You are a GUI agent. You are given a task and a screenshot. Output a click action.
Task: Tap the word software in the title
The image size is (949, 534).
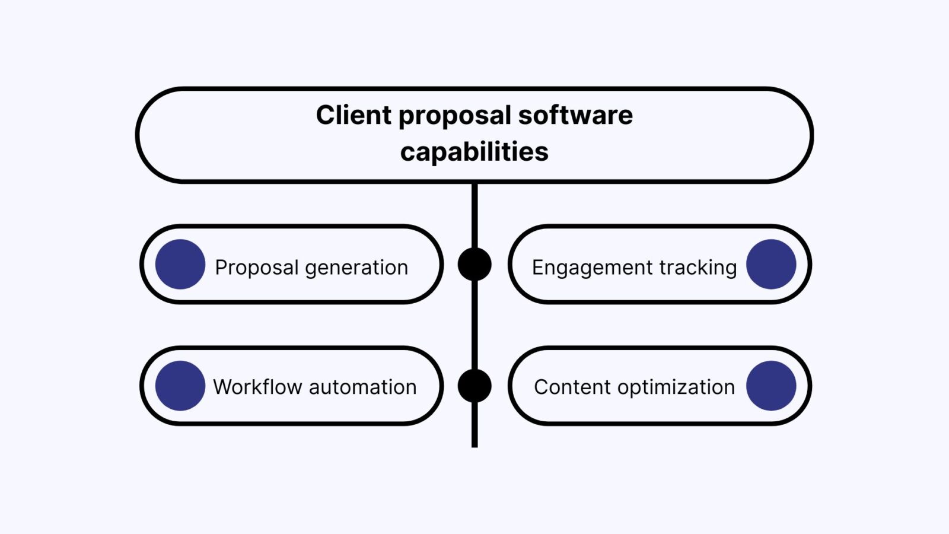click(575, 115)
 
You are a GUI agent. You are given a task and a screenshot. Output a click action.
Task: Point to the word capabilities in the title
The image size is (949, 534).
click(474, 152)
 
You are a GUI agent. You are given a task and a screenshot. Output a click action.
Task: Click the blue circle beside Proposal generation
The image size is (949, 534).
click(180, 264)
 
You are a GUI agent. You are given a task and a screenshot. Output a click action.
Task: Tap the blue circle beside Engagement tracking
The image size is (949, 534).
click(771, 264)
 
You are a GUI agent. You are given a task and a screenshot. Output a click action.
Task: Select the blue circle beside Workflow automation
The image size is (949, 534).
click(180, 386)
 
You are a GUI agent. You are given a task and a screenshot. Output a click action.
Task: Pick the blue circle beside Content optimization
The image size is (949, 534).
click(771, 386)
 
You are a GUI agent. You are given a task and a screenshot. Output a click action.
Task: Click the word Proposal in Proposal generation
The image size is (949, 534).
click(256, 268)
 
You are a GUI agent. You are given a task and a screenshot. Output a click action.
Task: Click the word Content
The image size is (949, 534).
click(572, 387)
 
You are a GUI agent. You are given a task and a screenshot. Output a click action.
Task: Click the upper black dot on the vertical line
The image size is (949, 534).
click(474, 264)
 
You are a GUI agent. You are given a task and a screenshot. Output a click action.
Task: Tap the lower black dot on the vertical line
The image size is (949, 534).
click(474, 386)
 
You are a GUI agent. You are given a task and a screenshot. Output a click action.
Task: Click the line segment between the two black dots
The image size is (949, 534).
click(474, 325)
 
